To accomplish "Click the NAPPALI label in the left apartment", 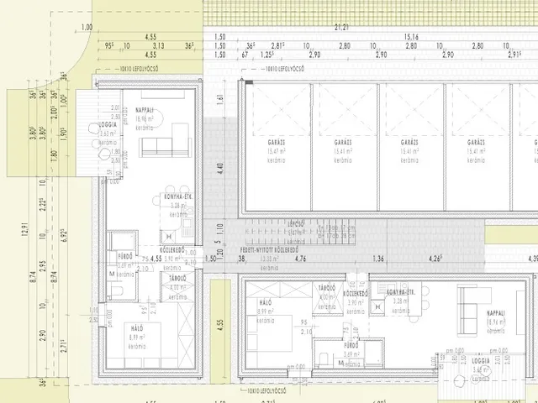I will pos(144,111).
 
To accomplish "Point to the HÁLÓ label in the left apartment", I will pos(138,328).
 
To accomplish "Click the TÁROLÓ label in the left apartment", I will pos(177,277).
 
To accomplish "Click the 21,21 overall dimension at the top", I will pos(341,27).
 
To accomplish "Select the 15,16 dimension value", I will pos(411,37).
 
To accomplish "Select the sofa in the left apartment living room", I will pos(161,148).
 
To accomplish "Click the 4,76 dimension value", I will pos(300,259).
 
